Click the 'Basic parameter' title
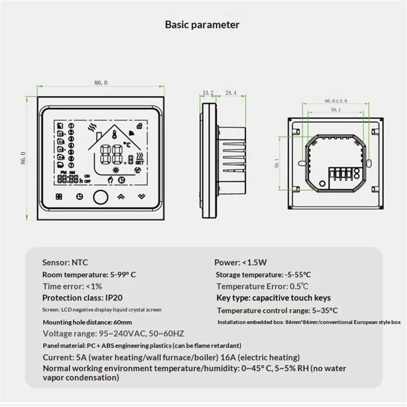pos(203,24)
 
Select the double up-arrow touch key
pos(121,196)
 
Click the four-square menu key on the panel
pos(57,196)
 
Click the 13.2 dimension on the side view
pos(208,93)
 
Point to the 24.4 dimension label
pos(230,93)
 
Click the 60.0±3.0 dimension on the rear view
pos(336,101)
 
